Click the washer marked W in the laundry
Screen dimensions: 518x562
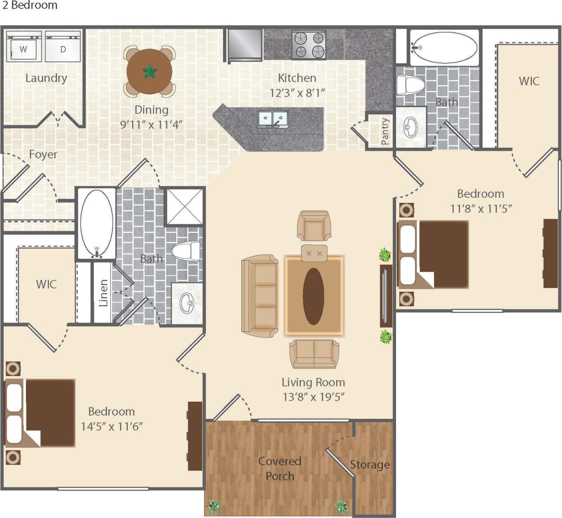click(x=24, y=47)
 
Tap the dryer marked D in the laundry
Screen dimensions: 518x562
click(x=63, y=47)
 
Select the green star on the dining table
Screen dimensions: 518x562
click(x=150, y=72)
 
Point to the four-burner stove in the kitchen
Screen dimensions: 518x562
click(x=309, y=45)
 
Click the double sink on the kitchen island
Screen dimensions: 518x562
click(x=273, y=120)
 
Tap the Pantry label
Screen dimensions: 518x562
click(x=385, y=131)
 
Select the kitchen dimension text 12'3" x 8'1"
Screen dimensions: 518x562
click(x=297, y=93)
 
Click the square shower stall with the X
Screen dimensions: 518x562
click(x=185, y=206)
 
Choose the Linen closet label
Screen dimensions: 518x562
click(x=103, y=293)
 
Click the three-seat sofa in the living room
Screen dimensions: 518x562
click(x=259, y=296)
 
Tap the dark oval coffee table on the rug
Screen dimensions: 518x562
click(x=313, y=296)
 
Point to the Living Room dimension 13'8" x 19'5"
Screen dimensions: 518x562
click(x=313, y=397)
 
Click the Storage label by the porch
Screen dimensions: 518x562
click(x=370, y=464)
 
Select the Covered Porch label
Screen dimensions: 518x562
click(x=280, y=469)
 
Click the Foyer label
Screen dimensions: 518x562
click(x=43, y=155)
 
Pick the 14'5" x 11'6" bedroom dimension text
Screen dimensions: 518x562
click(x=112, y=426)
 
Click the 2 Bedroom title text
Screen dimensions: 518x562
click(x=29, y=6)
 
